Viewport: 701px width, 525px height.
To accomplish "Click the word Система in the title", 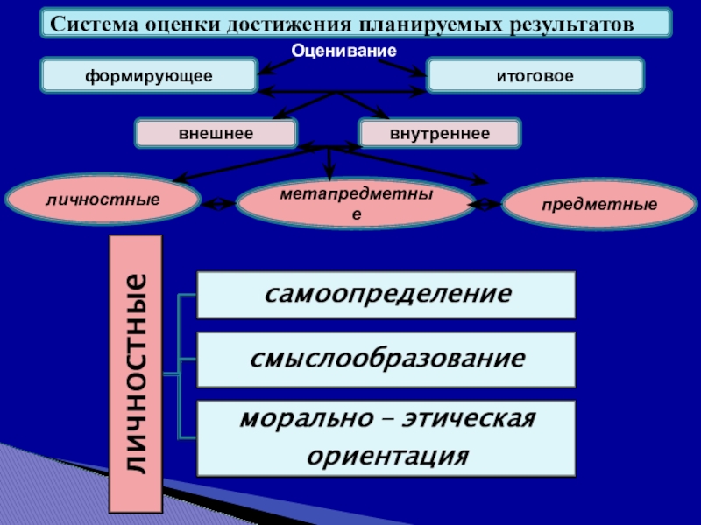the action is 87,24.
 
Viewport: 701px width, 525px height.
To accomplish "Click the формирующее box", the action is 149,76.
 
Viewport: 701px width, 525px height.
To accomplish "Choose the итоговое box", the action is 535,76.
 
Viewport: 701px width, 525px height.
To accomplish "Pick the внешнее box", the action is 216,133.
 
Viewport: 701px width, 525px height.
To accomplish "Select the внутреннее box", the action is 439,133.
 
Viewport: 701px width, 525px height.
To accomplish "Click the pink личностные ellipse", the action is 103,199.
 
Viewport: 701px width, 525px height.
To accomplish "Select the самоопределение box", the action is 386,294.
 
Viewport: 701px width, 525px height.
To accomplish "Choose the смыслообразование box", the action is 386,359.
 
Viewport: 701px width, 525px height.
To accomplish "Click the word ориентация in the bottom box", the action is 386,456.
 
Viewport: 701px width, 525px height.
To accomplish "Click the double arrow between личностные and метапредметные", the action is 219,204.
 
